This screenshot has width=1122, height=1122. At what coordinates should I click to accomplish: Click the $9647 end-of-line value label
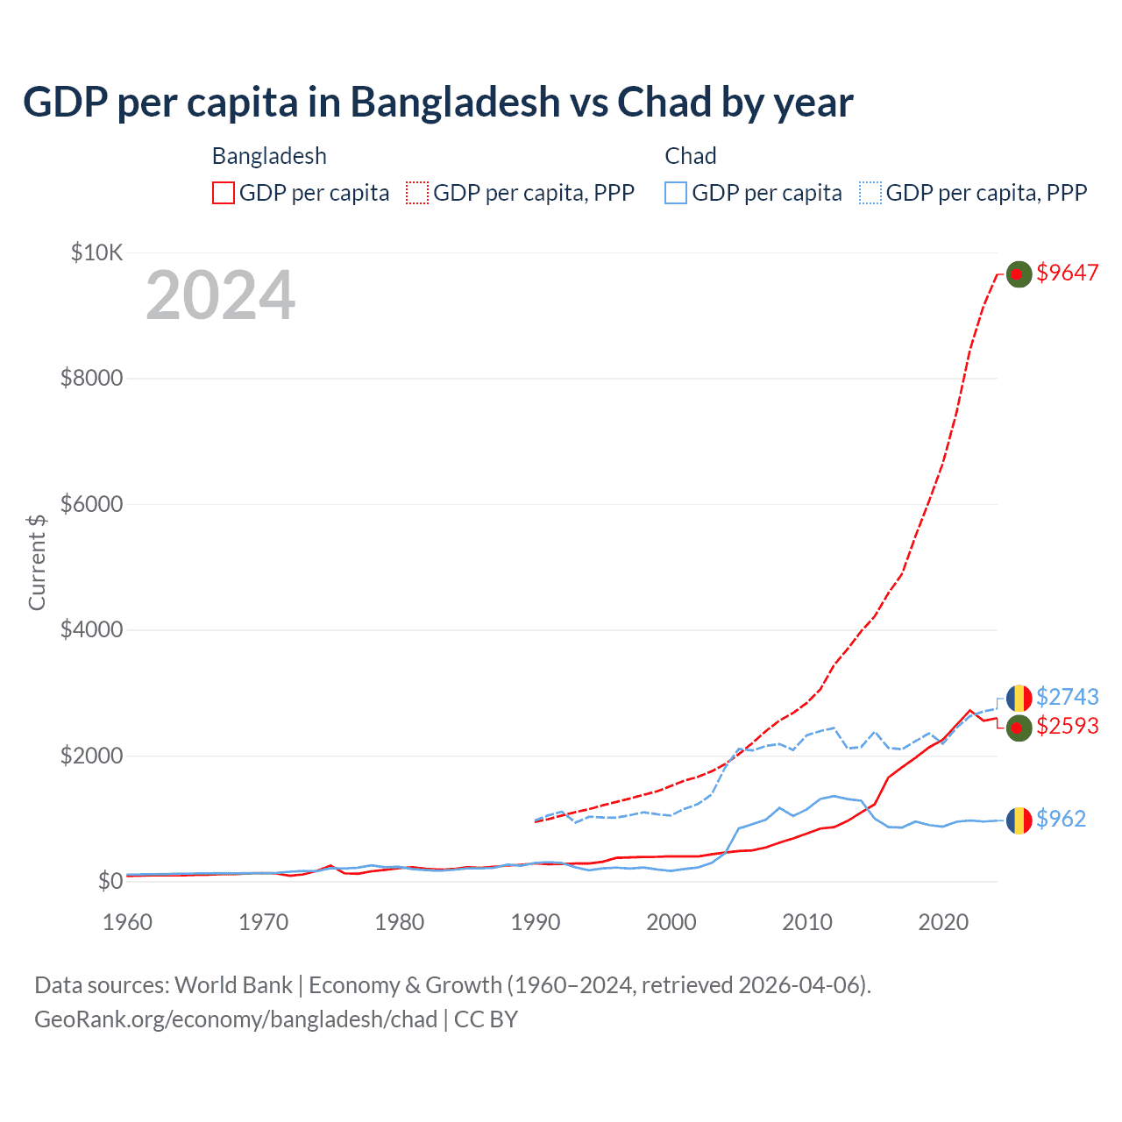[x=1067, y=273]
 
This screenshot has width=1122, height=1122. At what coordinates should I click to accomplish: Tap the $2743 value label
[x=1067, y=697]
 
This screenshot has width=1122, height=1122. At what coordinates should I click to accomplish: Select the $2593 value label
[x=1067, y=726]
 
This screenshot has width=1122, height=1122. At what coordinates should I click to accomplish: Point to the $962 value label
[x=1061, y=819]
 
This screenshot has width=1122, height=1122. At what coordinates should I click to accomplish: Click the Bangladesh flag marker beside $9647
[x=1019, y=274]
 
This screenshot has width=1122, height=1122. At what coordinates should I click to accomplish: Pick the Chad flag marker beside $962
[x=1019, y=820]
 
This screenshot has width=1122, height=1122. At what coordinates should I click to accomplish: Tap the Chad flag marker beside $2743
[x=1019, y=699]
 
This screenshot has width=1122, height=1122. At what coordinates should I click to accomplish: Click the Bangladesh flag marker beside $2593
[x=1019, y=728]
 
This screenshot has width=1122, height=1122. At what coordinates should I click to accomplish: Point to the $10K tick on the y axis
[x=96, y=253]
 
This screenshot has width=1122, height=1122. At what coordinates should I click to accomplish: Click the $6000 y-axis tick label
[x=91, y=504]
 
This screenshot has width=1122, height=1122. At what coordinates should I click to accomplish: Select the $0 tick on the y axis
[x=110, y=880]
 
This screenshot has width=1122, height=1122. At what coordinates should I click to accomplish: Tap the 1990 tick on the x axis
[x=536, y=922]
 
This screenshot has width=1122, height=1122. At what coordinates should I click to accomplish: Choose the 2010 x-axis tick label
[x=807, y=922]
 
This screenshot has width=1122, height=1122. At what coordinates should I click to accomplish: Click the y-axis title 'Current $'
[x=37, y=562]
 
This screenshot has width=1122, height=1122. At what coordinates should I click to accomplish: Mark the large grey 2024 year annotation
[x=220, y=295]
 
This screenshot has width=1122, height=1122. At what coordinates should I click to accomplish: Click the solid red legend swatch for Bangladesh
[x=224, y=193]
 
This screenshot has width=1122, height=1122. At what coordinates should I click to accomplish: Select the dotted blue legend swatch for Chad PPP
[x=870, y=193]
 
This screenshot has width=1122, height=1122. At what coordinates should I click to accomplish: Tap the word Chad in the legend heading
[x=691, y=156]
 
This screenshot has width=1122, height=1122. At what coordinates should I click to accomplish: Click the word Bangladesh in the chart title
[x=455, y=102]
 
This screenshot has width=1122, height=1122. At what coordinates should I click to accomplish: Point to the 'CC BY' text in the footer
[x=486, y=1019]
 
